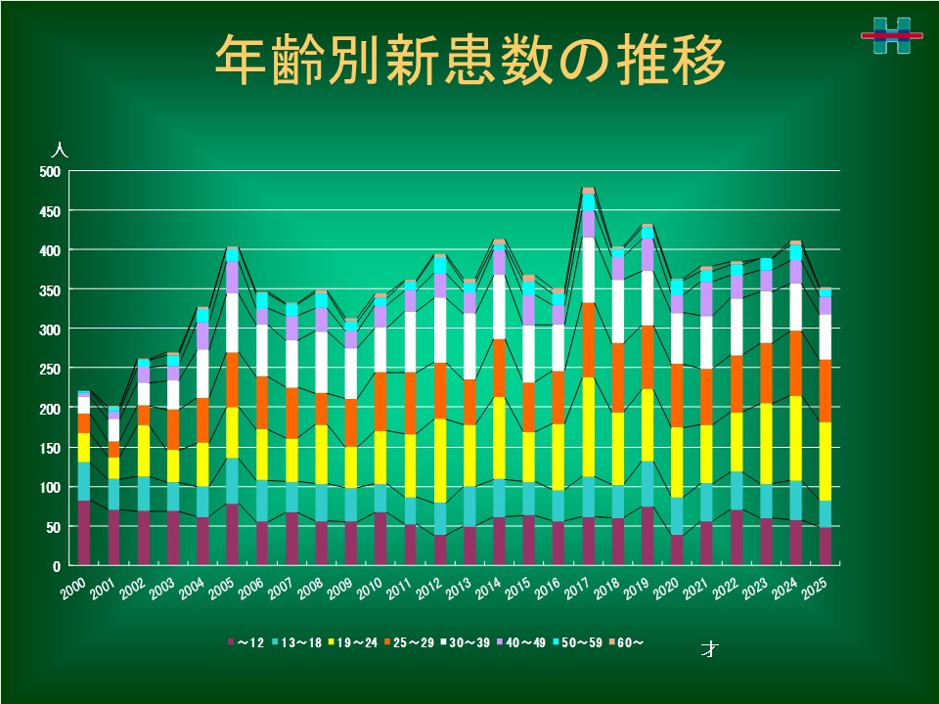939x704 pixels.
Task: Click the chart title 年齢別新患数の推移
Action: pos(469,61)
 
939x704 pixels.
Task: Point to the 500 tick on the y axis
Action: pos(50,172)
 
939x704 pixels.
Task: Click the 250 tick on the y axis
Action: pos(50,370)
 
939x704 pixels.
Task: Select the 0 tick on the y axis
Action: pos(57,566)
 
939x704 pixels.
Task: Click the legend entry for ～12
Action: pos(246,642)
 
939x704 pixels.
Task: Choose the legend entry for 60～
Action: pos(627,642)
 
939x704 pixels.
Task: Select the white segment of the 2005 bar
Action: pos(233,322)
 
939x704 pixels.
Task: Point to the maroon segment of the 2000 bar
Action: pos(84,533)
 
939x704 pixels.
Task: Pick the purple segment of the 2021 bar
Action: pos(707,298)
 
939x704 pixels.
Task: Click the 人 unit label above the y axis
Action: pos(60,152)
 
